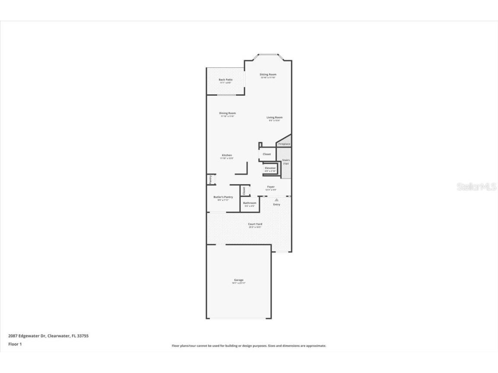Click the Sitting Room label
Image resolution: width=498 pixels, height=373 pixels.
(268, 75)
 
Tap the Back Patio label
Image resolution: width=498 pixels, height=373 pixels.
(225, 80)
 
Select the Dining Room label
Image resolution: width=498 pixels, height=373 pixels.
(227, 114)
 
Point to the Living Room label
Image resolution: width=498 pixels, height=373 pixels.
(274, 117)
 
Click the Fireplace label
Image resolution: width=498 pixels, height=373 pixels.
(284, 144)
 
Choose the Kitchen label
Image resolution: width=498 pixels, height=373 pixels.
(227, 155)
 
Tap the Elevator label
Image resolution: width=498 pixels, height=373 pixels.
(270, 168)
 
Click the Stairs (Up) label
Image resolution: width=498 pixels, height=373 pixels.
(286, 161)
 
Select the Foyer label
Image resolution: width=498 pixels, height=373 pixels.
(271, 187)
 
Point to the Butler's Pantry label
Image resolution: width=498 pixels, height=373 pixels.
(223, 197)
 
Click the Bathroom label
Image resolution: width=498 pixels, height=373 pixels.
(249, 203)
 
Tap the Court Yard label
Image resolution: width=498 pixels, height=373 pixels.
(255, 224)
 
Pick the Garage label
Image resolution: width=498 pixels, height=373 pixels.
(239, 280)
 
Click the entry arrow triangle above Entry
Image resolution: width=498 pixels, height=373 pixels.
(276, 200)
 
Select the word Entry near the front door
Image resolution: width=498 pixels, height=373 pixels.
(276, 204)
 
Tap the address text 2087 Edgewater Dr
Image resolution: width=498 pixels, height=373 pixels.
(27, 335)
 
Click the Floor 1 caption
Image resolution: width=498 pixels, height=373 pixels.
(15, 344)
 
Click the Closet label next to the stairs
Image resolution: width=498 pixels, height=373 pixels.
(267, 154)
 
